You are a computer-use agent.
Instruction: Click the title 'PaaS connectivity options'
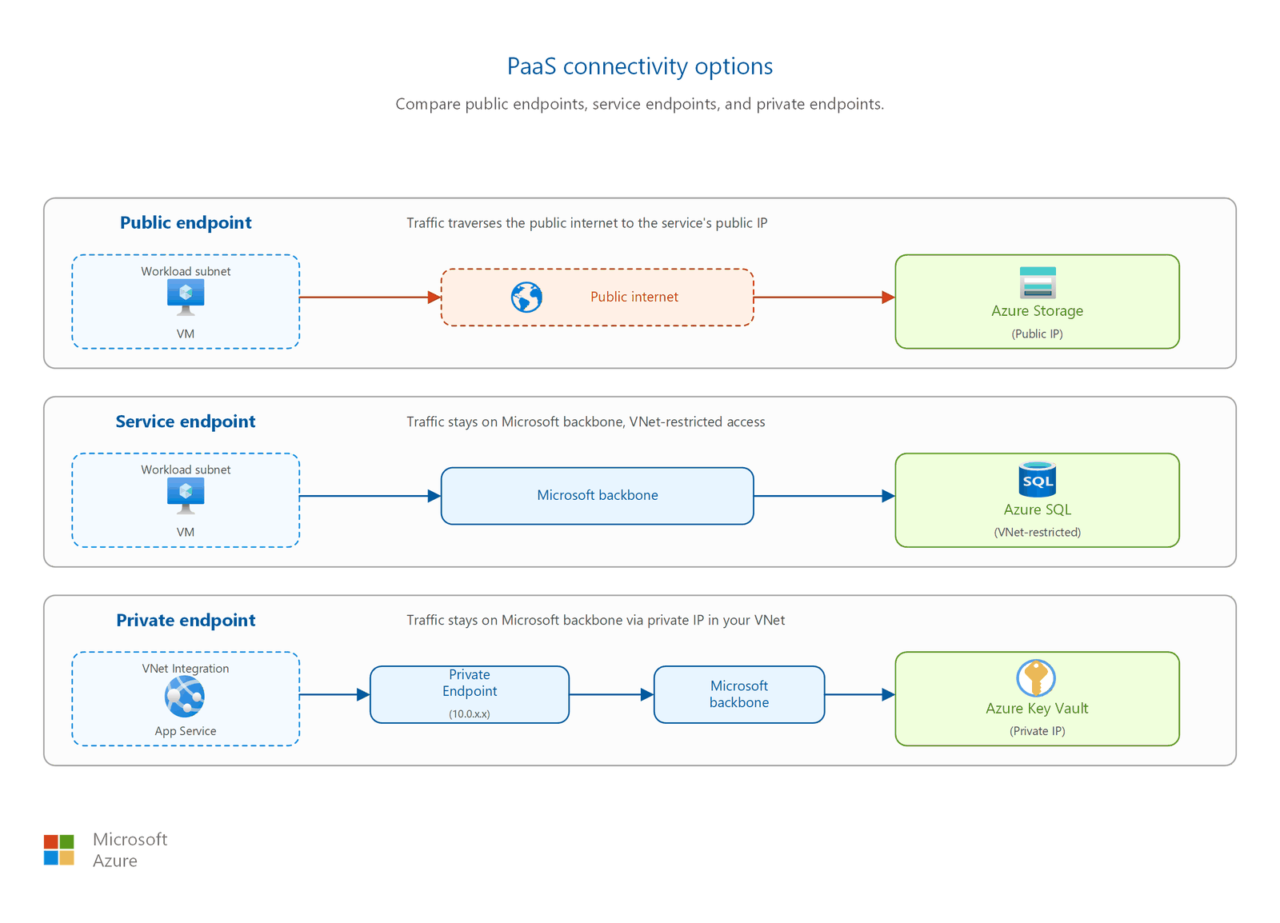click(639, 66)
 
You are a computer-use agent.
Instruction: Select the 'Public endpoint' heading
click(186, 222)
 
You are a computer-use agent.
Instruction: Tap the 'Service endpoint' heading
click(185, 421)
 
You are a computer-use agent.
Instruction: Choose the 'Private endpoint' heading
click(186, 620)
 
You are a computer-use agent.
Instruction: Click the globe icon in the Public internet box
click(526, 297)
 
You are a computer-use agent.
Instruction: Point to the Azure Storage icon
click(1037, 282)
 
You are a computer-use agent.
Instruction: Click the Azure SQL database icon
click(1037, 480)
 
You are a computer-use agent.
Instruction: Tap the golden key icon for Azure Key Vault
click(1036, 678)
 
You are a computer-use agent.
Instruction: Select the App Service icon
click(185, 696)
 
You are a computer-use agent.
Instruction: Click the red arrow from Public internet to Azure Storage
click(825, 297)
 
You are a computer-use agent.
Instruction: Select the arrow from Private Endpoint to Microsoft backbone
click(611, 694)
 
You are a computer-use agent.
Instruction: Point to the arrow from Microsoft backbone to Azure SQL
click(825, 496)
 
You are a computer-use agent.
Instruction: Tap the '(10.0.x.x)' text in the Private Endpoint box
click(469, 714)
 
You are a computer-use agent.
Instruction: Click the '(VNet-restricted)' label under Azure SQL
click(1037, 533)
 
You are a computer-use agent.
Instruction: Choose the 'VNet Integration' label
click(186, 669)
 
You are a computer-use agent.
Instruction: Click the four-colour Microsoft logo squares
click(59, 850)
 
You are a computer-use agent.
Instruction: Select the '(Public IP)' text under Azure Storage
click(1037, 334)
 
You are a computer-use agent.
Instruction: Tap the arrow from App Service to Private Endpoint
click(335, 694)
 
